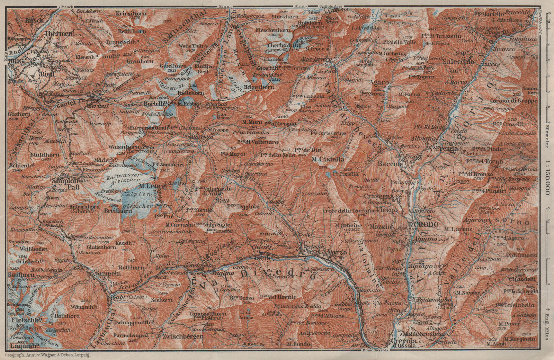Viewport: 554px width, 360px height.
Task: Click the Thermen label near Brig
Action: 59,34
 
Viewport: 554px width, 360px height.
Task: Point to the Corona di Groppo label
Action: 514,101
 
